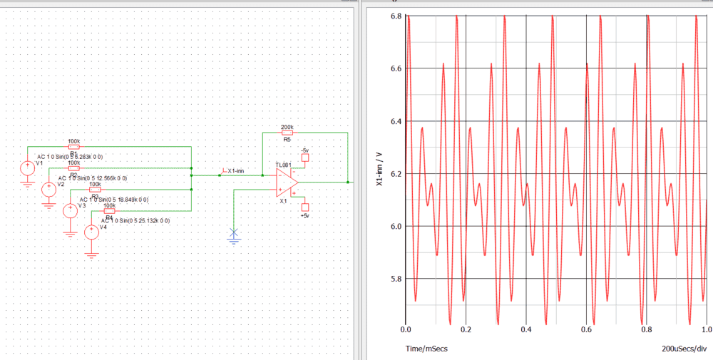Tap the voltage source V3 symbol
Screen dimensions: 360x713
tap(71, 211)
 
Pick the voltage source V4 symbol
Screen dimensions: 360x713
tap(91, 232)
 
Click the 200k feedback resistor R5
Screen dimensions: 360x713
tap(287, 132)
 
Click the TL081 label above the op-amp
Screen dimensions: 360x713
tap(283, 165)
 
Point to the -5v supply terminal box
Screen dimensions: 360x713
tap(305, 158)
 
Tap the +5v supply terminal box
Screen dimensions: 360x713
tap(305, 207)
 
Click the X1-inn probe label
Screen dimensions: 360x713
tap(235, 171)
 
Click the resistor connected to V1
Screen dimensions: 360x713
tap(73, 147)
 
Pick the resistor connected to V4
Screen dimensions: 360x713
tap(110, 211)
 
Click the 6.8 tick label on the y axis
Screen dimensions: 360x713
tap(392, 16)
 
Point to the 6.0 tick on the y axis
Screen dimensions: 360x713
tap(392, 227)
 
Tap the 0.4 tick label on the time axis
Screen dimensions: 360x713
tap(526, 330)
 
